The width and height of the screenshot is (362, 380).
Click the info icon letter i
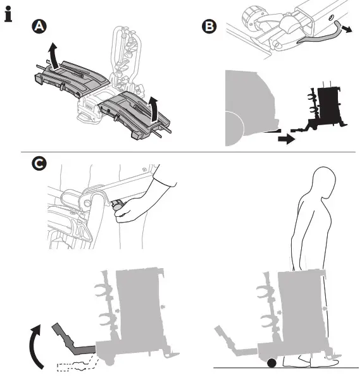click(x=8, y=15)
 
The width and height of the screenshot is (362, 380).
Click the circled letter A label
click(x=39, y=26)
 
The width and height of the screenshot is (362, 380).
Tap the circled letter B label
click(x=209, y=26)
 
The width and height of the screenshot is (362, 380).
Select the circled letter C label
click(x=39, y=164)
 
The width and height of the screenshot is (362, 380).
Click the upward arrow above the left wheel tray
click(x=53, y=55)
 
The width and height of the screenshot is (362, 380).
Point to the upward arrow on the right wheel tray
click(x=153, y=109)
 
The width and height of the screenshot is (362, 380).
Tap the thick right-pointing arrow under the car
click(x=287, y=139)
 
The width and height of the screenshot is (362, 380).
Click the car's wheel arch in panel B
click(x=234, y=128)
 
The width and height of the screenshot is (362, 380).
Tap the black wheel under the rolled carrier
click(x=271, y=363)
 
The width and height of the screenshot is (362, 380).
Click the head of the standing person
click(x=324, y=181)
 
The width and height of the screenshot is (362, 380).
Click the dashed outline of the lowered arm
click(x=78, y=364)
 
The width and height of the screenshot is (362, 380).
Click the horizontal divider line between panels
click(x=188, y=152)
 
